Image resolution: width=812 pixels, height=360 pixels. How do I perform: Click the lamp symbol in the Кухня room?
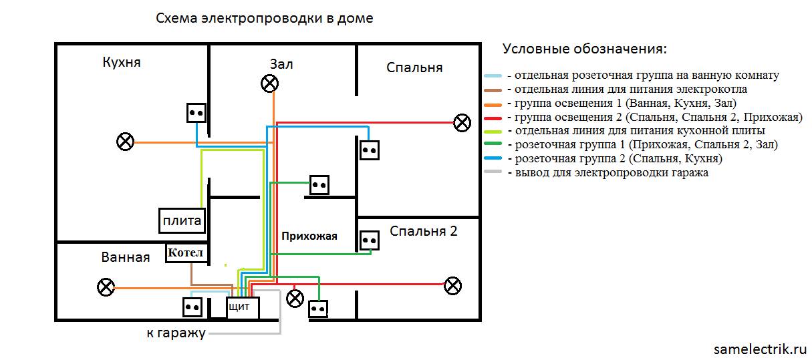click(x=125, y=142)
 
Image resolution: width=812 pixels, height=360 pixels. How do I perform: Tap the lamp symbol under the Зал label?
click(x=269, y=83)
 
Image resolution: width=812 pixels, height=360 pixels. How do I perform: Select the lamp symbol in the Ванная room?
click(x=106, y=288)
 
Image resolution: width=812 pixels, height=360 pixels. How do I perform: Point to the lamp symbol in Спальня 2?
click(x=453, y=286)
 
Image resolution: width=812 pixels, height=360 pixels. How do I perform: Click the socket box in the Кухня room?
click(x=196, y=112)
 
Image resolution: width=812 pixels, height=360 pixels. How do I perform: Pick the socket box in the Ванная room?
click(x=192, y=307)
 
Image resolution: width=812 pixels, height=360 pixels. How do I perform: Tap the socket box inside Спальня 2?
click(x=370, y=240)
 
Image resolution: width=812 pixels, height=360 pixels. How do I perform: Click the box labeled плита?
click(x=182, y=221)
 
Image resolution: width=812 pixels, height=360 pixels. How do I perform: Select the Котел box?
click(x=186, y=253)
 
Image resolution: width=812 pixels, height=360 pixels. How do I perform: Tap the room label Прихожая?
click(x=309, y=236)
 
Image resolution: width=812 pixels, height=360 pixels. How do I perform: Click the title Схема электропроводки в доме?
click(x=264, y=19)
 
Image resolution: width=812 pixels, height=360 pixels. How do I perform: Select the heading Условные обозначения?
click(x=585, y=49)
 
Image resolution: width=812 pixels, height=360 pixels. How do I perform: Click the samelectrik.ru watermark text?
click(x=760, y=349)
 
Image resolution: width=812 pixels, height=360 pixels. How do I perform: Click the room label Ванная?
click(x=126, y=257)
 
